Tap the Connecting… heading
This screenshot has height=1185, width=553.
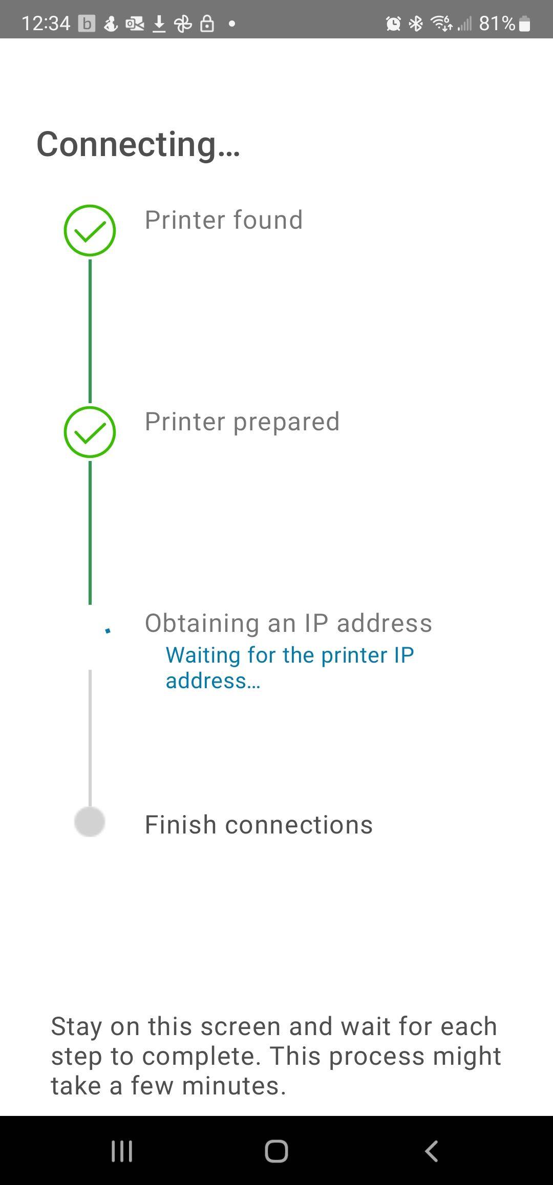coord(138,144)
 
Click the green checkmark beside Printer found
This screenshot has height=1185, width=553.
coord(90,231)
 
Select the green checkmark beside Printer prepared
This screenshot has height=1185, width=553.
coord(90,432)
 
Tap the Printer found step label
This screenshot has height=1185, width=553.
coord(224,220)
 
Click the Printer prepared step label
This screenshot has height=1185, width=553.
coord(242,422)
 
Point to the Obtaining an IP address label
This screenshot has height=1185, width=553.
coord(288,623)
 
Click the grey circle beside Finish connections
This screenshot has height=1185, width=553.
coord(90,822)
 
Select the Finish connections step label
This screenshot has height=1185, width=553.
coord(259,825)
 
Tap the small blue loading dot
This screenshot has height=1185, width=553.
coord(108,630)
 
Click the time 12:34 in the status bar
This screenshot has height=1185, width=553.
coord(46,24)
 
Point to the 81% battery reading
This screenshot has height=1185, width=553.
coord(497,24)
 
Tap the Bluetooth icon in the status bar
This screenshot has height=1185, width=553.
coord(416,24)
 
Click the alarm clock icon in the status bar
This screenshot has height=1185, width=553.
coord(393,24)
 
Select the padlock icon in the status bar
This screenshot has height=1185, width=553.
coord(207,24)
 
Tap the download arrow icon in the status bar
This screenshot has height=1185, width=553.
coord(159,24)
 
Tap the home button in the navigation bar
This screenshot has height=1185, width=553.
coord(276,1151)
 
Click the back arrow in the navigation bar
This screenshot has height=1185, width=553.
coord(431,1151)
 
